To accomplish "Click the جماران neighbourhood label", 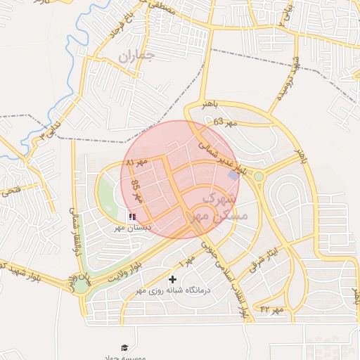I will (x=136, y=56).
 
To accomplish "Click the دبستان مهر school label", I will (x=130, y=229).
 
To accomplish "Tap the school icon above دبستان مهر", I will (x=133, y=217).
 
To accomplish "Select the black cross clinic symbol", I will (x=172, y=280).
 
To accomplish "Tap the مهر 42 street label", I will (x=271, y=309).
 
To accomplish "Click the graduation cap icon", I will (x=124, y=347).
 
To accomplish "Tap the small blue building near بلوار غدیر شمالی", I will (x=233, y=174).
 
